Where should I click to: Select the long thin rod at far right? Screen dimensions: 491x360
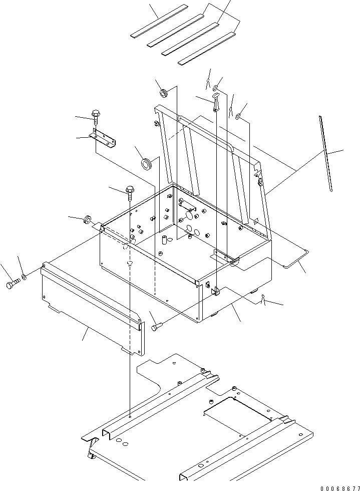(x=325, y=153)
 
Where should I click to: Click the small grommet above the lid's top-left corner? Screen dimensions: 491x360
(x=163, y=93)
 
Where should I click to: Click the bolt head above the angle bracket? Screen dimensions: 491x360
(x=96, y=116)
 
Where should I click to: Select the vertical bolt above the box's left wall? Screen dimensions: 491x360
(x=130, y=191)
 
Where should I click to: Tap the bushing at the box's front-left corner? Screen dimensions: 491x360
(x=88, y=219)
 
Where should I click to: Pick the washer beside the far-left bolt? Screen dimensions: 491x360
(x=24, y=277)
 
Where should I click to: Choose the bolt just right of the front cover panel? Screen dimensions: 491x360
(x=156, y=327)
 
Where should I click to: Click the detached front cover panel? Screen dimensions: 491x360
(x=90, y=306)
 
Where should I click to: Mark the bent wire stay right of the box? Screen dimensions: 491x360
(x=295, y=258)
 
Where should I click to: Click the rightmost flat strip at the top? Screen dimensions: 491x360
(x=206, y=50)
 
